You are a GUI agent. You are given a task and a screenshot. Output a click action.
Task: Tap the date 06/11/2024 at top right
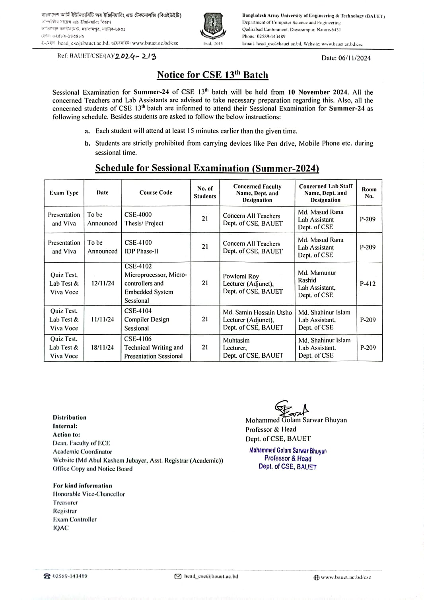(346, 58)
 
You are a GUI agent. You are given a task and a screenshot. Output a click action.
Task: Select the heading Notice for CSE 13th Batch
(212, 75)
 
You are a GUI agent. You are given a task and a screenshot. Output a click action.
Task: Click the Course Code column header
(156, 193)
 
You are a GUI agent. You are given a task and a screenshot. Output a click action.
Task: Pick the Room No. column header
(369, 193)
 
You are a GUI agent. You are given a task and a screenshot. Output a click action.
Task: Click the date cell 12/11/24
(102, 283)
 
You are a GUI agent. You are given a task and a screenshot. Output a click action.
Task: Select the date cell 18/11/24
(102, 347)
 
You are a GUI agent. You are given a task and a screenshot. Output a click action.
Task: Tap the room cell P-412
(368, 284)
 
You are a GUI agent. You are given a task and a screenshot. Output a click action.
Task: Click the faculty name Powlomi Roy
(241, 276)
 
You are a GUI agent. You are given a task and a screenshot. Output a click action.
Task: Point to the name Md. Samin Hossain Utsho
(257, 312)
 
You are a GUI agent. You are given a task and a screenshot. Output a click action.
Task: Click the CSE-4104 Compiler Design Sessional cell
(146, 319)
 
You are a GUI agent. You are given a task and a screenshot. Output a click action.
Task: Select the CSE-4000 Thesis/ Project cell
(144, 219)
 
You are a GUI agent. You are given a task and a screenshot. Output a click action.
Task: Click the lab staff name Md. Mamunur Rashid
(317, 276)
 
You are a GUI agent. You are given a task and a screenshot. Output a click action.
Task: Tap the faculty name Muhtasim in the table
(236, 340)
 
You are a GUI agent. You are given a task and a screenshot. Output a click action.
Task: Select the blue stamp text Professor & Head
(288, 458)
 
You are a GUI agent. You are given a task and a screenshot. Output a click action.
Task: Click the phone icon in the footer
(47, 576)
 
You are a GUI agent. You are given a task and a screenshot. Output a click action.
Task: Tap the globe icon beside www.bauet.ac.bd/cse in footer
(316, 577)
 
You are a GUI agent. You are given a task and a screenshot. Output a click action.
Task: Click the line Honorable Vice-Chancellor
(89, 494)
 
